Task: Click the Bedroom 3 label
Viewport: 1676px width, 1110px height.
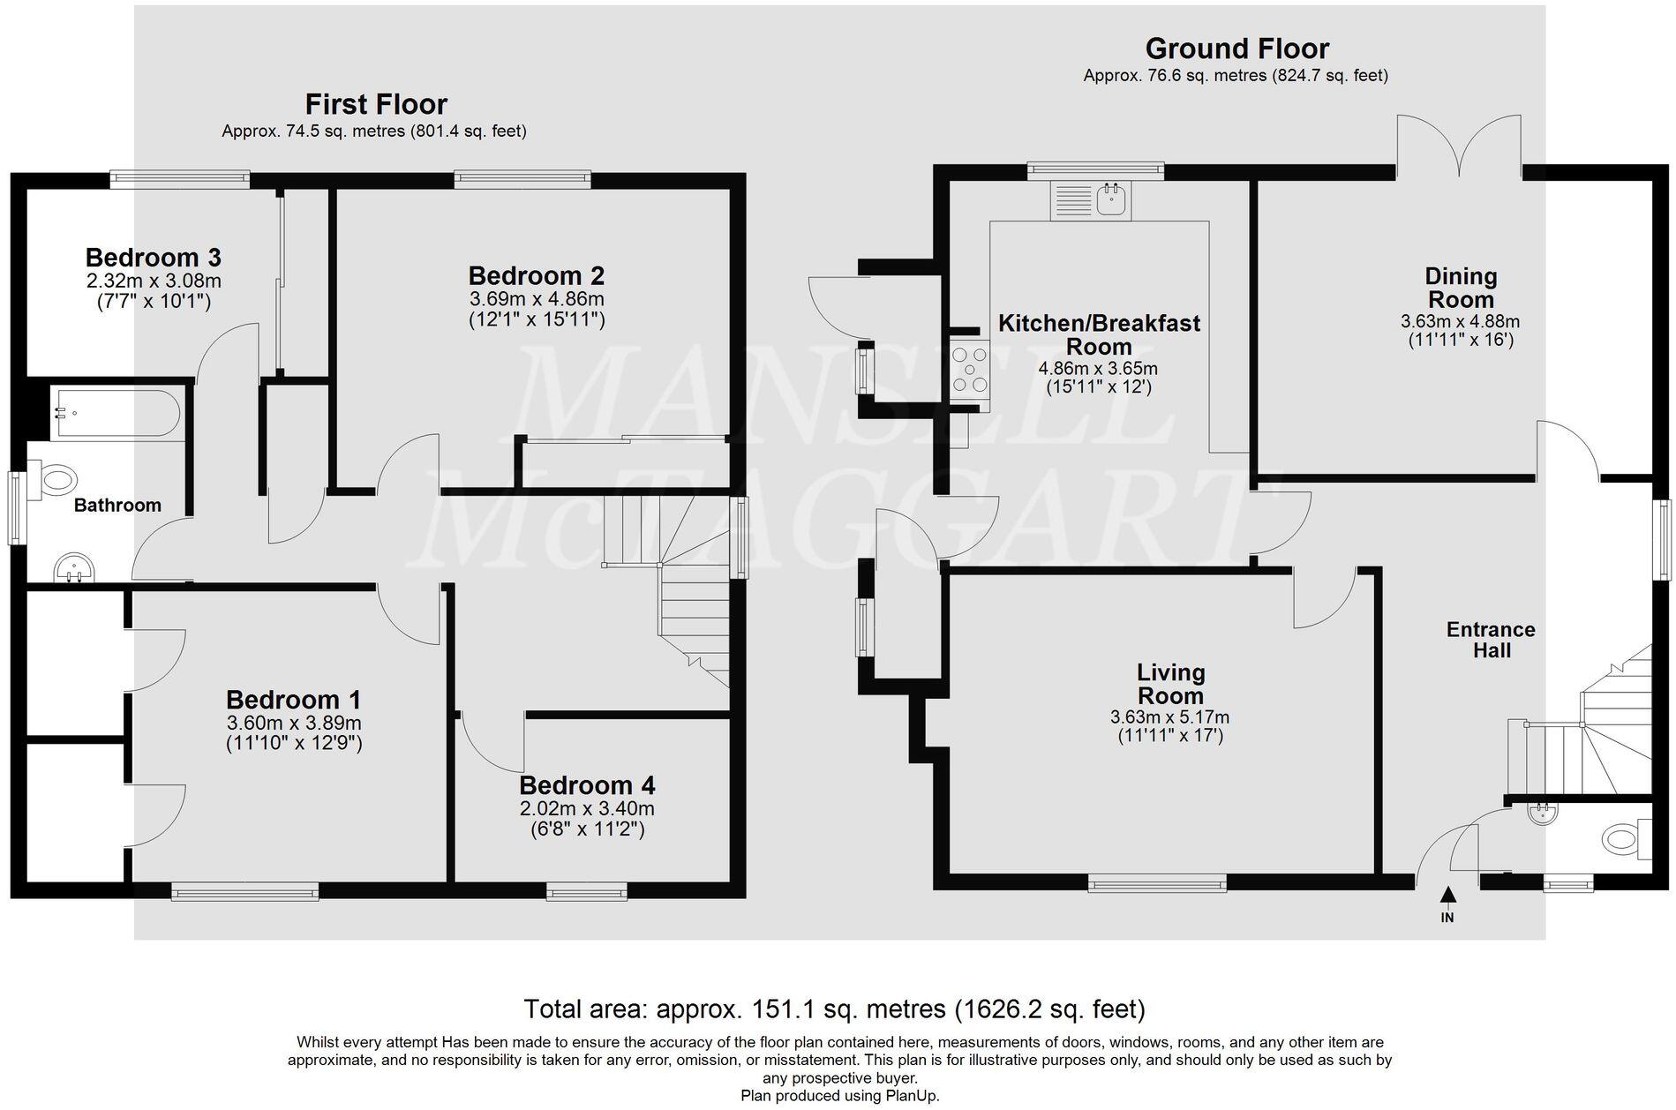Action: click(153, 258)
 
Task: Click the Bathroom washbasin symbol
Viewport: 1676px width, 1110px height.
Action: click(74, 568)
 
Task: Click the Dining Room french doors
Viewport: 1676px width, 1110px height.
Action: click(1459, 146)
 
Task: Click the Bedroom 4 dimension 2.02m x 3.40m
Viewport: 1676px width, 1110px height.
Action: click(587, 808)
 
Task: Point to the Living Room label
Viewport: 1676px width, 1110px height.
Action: click(1170, 684)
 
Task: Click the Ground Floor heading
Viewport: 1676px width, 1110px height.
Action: click(1236, 49)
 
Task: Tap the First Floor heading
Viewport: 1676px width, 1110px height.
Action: click(376, 104)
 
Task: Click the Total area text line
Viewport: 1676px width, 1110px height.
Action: click(834, 1008)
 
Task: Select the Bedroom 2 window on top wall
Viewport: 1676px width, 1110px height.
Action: click(522, 180)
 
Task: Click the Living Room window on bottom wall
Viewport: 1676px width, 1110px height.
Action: click(1156, 882)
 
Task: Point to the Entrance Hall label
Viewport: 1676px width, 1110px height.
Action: click(1490, 640)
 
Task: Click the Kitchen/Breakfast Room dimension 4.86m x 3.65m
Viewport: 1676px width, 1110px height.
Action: click(1098, 368)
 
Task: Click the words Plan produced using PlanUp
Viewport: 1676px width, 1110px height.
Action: click(839, 1096)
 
